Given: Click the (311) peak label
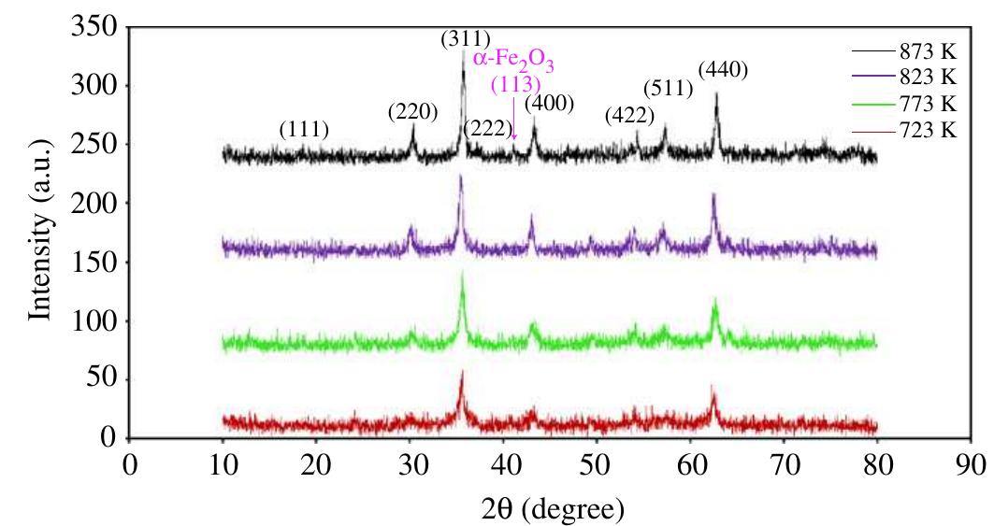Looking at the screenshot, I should click(466, 39).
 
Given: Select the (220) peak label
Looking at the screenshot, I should click(413, 112).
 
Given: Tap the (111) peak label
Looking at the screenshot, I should click(305, 130).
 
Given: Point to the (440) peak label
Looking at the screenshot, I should click(723, 70).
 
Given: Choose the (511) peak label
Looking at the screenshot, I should click(668, 89).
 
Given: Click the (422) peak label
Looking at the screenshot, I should click(630, 116).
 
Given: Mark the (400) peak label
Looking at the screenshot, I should click(549, 102).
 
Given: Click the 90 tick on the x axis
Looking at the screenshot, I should click(972, 463).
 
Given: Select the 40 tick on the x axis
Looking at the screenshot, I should click(504, 463).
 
